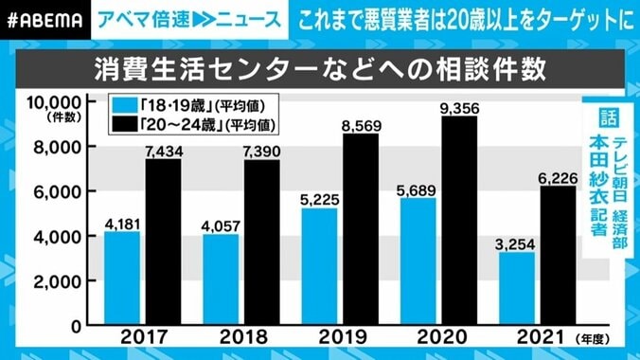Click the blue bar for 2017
(x=121, y=279)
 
